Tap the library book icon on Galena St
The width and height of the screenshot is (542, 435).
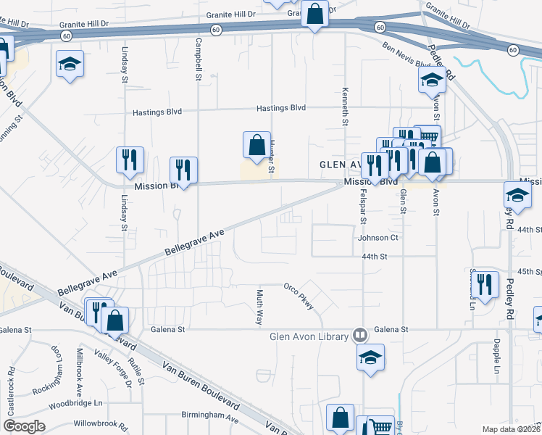pyautogui.click(x=359, y=335)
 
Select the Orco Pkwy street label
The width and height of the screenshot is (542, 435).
pyautogui.click(x=299, y=296)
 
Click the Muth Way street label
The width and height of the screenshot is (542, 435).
pyautogui.click(x=259, y=307)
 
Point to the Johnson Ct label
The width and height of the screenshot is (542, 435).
pyautogui.click(x=378, y=237)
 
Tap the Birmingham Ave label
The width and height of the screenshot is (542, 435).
pyautogui.click(x=210, y=418)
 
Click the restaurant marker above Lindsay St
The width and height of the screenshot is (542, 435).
pyautogui.click(x=130, y=160)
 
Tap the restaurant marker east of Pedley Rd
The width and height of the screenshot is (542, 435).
pyautogui.click(x=484, y=285)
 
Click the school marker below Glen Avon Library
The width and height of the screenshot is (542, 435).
pyautogui.click(x=370, y=357)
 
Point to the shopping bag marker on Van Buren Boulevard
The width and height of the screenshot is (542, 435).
pyautogui.click(x=115, y=320)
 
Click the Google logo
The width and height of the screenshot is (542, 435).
pyautogui.click(x=23, y=427)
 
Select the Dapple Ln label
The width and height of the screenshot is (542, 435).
pyautogui.click(x=496, y=357)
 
